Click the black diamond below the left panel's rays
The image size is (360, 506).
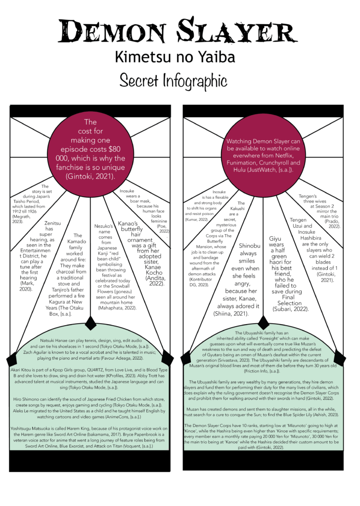point(91,323)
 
